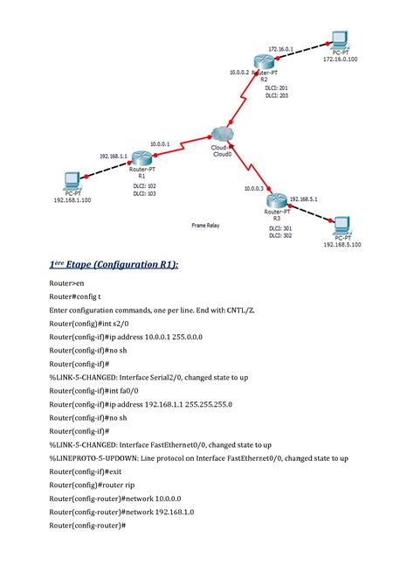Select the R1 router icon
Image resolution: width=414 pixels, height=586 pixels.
click(141, 157)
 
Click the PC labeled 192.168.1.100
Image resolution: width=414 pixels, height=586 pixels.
click(71, 182)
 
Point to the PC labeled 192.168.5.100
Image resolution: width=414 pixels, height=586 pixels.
click(342, 223)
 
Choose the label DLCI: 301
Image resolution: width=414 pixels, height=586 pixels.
click(280, 227)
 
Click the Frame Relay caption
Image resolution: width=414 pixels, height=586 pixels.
click(205, 225)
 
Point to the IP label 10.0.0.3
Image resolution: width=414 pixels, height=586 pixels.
click(253, 188)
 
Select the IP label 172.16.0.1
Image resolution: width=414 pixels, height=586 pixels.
click(280, 49)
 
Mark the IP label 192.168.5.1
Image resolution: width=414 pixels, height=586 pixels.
click(304, 199)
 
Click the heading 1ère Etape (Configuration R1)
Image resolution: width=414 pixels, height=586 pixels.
click(113, 262)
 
